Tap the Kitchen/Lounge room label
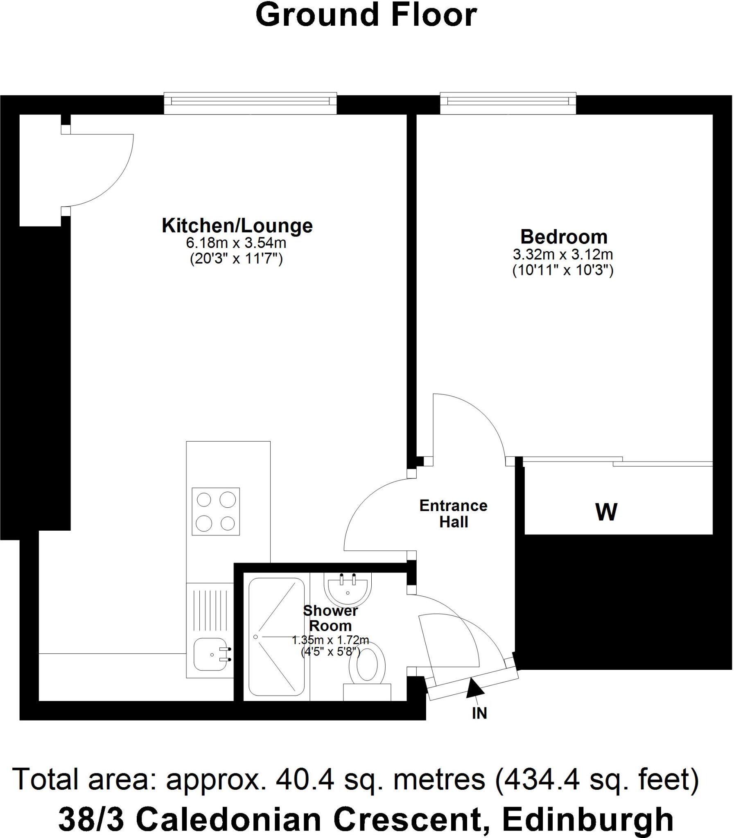237,225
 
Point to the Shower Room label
330,619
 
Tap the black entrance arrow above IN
474,687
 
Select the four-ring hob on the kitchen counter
215,511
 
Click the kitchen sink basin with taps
210,655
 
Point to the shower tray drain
255,637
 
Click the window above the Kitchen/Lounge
250,104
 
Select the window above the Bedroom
508,104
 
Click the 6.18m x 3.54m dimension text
236,243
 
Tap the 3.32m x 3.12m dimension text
563,255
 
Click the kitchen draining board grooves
210,610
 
